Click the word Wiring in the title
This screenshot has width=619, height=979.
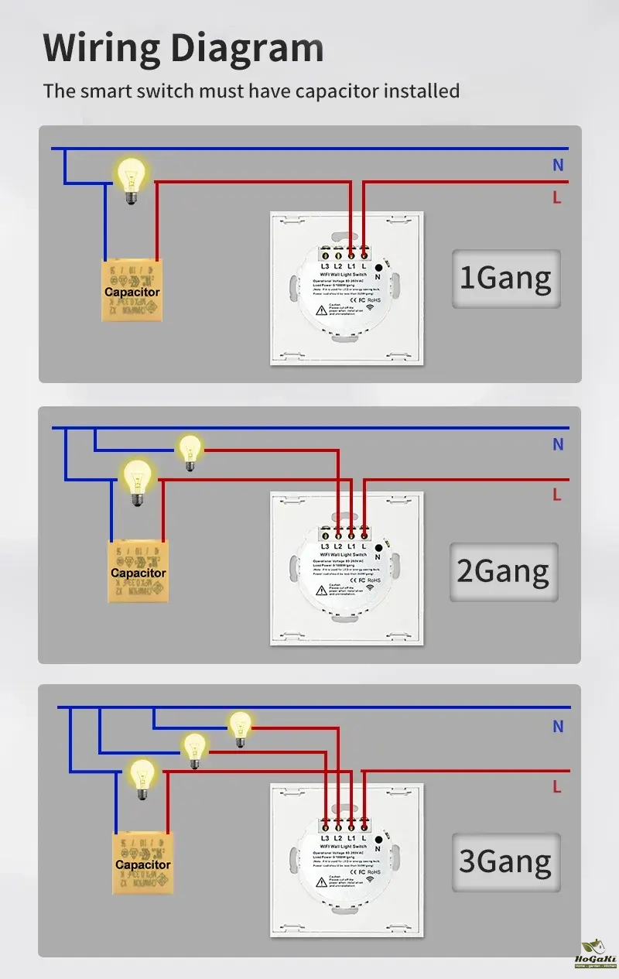tap(101, 48)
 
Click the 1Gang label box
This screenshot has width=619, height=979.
tap(506, 279)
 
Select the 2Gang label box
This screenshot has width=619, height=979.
tap(504, 571)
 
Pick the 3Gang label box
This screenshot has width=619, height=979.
tap(505, 861)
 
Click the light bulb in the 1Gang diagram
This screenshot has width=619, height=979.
tap(131, 179)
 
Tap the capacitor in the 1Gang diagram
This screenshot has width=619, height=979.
tap(132, 291)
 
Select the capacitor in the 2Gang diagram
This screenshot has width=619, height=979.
tap(138, 572)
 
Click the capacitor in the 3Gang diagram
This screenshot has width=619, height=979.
tap(143, 864)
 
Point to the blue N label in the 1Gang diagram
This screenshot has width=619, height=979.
tap(558, 165)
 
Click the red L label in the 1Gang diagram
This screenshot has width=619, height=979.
tap(556, 198)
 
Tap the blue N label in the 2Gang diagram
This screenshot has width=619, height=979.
tap(558, 445)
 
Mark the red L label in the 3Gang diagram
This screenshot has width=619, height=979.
tap(556, 787)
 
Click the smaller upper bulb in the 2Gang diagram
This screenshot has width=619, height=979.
tap(190, 451)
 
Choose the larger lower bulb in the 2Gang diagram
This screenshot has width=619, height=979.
tap(138, 481)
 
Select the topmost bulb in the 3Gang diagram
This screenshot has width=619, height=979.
tap(240, 728)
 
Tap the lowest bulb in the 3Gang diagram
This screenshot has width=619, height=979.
tap(142, 777)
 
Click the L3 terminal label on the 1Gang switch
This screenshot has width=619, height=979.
tap(324, 267)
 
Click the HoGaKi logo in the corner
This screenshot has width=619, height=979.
tap(594, 955)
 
